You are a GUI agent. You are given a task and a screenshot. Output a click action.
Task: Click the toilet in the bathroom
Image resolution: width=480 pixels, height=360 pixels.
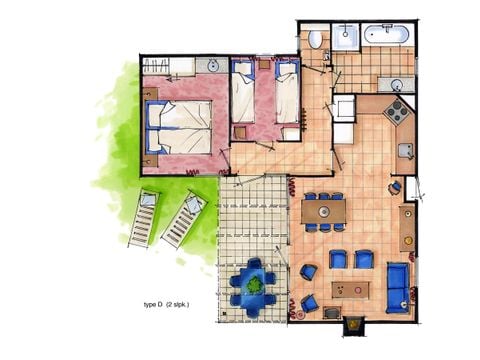point(316,39)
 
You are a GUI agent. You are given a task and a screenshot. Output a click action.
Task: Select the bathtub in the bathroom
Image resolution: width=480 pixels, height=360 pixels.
point(386,34)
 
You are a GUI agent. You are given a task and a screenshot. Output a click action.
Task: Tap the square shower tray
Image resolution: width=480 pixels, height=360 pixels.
point(346,37)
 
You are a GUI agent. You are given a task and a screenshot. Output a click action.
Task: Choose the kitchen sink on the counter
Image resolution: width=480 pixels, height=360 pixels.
point(405,150)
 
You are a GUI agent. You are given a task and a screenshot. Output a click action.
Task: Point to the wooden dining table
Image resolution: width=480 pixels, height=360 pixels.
point(324,212)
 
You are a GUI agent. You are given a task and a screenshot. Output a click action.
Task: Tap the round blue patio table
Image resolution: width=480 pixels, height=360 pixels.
point(256,284)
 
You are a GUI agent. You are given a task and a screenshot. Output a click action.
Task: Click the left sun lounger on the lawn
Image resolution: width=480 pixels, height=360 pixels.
point(142,218)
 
